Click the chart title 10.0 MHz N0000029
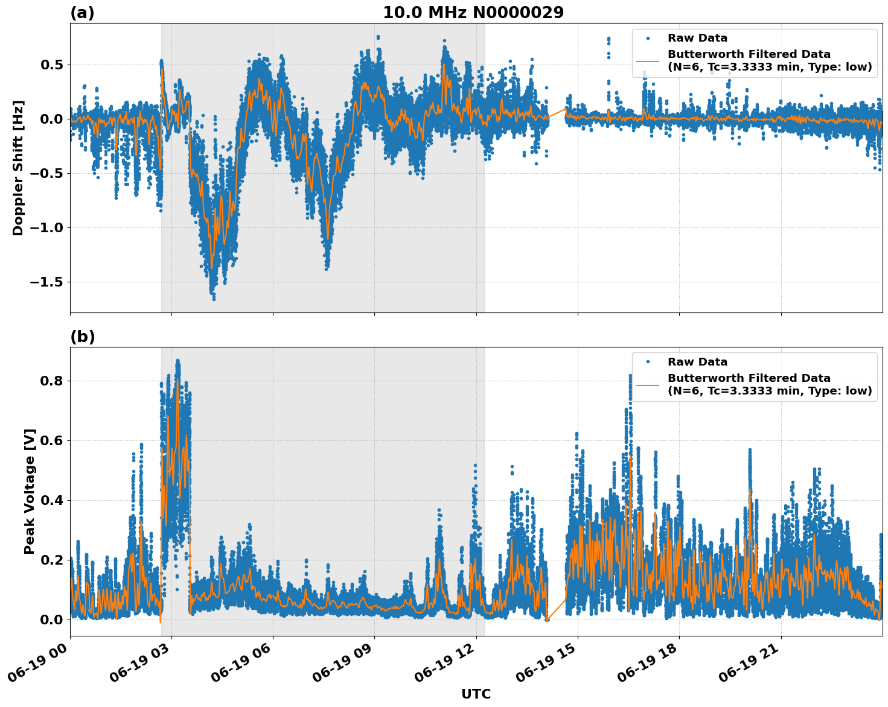pyautogui.click(x=473, y=13)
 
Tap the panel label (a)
pyautogui.click(x=82, y=13)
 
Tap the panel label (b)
pyautogui.click(x=83, y=337)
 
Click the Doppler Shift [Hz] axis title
pyautogui.click(x=18, y=168)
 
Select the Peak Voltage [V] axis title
pyautogui.click(x=30, y=491)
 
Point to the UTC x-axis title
pyautogui.click(x=476, y=694)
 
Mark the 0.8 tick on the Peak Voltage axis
pyautogui.click(x=54, y=381)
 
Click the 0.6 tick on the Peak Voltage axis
pyautogui.click(x=54, y=440)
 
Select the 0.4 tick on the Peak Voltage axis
pyautogui.click(x=54, y=500)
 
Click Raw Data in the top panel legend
pyautogui.click(x=697, y=38)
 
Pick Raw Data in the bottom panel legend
pyautogui.click(x=697, y=362)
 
